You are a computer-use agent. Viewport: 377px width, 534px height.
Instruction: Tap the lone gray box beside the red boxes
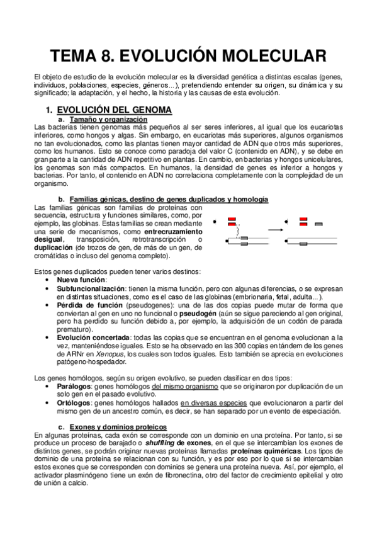(319, 224)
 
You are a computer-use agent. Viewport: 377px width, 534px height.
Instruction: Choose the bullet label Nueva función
(81, 279)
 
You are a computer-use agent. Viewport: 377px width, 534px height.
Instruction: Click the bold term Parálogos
(74, 386)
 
